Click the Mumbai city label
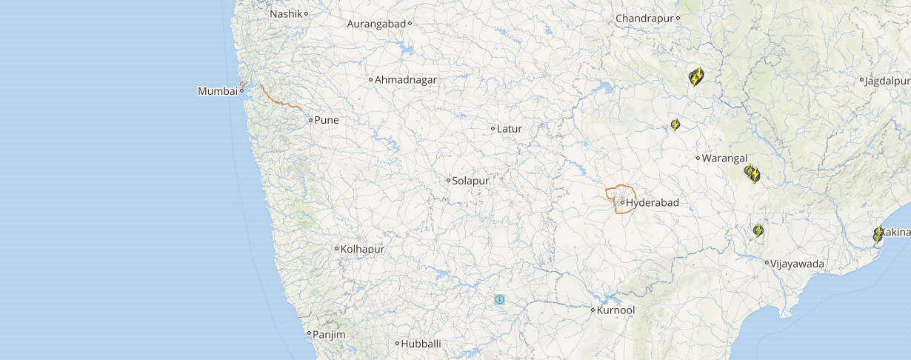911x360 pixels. (x=216, y=91)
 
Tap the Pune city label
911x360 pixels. (x=327, y=120)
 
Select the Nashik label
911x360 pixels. (x=287, y=14)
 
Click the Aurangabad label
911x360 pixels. (x=377, y=24)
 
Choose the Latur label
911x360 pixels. (x=510, y=129)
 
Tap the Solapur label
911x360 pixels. (x=471, y=180)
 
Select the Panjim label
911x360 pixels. (x=329, y=335)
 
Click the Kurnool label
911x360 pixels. (x=616, y=310)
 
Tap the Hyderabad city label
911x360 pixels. (x=653, y=202)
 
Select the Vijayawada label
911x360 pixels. (x=797, y=263)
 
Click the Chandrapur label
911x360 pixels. (x=646, y=18)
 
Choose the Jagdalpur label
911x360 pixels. (x=888, y=81)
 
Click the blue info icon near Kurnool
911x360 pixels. (x=500, y=300)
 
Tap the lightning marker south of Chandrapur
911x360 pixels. (x=695, y=76)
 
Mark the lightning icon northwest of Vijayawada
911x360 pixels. (x=758, y=230)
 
